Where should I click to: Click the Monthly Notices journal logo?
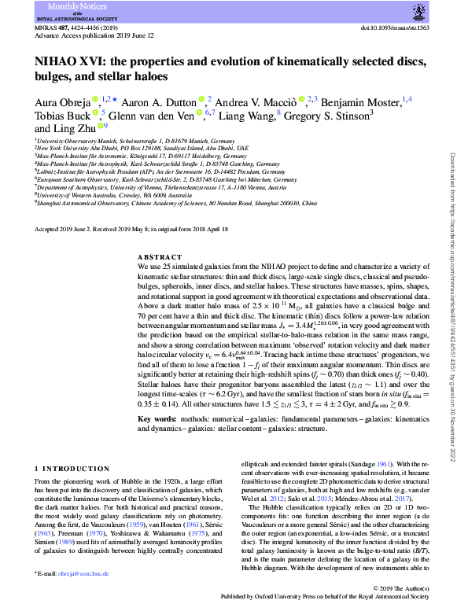[x=75, y=10]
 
